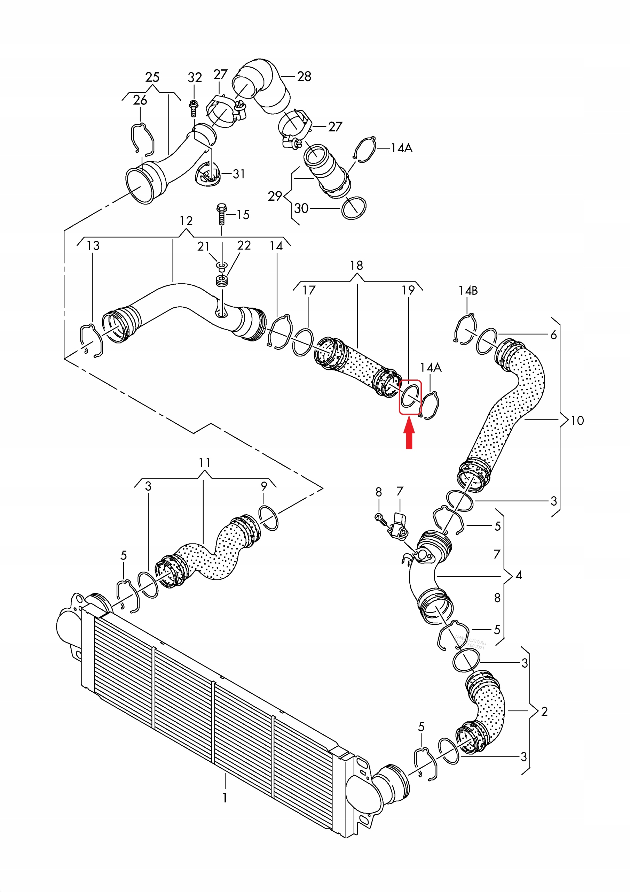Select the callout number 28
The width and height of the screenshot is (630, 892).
click(x=304, y=77)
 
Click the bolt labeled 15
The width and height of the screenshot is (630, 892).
click(x=221, y=214)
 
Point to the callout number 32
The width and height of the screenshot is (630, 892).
click(x=195, y=78)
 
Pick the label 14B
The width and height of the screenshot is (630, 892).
click(x=468, y=291)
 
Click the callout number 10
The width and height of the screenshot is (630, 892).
click(x=577, y=420)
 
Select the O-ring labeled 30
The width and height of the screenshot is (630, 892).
click(x=354, y=208)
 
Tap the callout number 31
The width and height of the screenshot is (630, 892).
click(x=239, y=174)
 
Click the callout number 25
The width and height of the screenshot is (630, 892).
click(x=152, y=77)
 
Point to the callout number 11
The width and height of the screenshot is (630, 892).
click(x=204, y=463)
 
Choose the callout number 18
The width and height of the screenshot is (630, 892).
click(x=356, y=266)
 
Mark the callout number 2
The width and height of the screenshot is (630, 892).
click(x=544, y=712)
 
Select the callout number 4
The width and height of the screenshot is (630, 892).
click(x=519, y=575)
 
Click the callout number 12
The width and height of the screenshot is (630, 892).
click(x=186, y=221)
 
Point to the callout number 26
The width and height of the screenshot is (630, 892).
click(x=140, y=100)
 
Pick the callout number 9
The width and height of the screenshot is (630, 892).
click(x=264, y=486)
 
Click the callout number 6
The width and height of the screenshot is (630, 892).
click(x=553, y=335)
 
